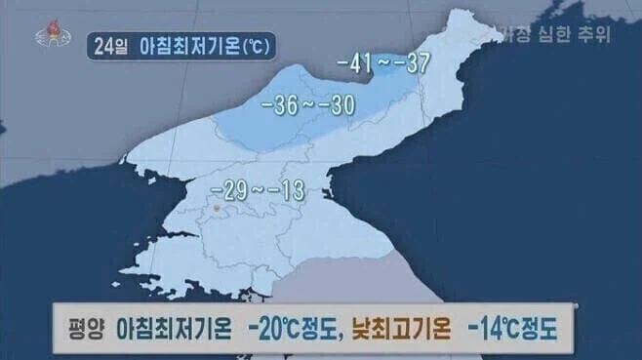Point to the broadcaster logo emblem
47,32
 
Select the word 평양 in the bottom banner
86,328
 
